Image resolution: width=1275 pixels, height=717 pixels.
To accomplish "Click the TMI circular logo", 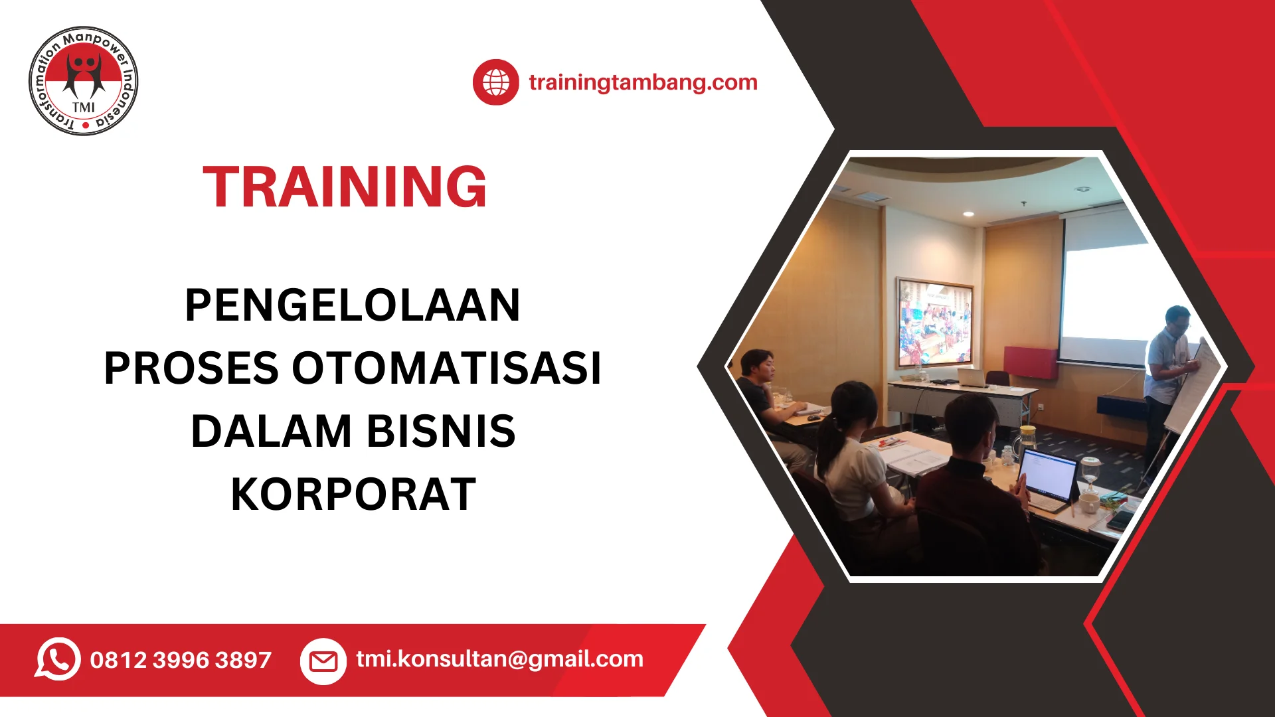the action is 84,81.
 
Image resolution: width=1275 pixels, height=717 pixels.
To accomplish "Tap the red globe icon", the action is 495,82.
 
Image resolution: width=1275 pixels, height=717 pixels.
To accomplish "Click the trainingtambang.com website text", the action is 643,82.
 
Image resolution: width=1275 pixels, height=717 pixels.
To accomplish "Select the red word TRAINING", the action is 345,187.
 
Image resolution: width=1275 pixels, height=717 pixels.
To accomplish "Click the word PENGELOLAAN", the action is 352,305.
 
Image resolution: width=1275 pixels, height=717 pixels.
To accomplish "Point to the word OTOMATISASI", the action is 446,368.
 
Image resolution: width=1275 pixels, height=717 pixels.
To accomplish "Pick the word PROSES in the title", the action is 191,368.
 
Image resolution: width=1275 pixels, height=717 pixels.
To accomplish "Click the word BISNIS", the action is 441,432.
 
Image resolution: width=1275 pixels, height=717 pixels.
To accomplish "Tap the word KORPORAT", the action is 353,495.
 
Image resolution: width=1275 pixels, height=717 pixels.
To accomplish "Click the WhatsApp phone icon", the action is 58,659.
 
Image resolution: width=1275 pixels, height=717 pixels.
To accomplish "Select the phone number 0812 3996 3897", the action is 181,660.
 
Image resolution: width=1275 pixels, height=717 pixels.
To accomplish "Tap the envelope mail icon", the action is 323,661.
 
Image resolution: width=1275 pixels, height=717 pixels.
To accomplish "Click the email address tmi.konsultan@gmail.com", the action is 499,659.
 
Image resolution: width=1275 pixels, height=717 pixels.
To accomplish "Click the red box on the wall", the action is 1031,362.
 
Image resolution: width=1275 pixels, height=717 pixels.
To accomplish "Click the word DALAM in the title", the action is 271,432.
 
